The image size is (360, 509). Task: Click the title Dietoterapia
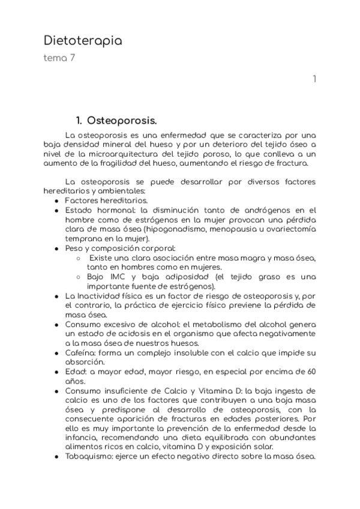click(x=83, y=41)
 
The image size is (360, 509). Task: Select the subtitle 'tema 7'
click(x=59, y=58)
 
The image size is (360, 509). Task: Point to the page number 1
click(x=314, y=79)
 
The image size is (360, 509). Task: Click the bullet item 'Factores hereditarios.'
click(x=102, y=200)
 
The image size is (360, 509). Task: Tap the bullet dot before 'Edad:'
click(x=56, y=372)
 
